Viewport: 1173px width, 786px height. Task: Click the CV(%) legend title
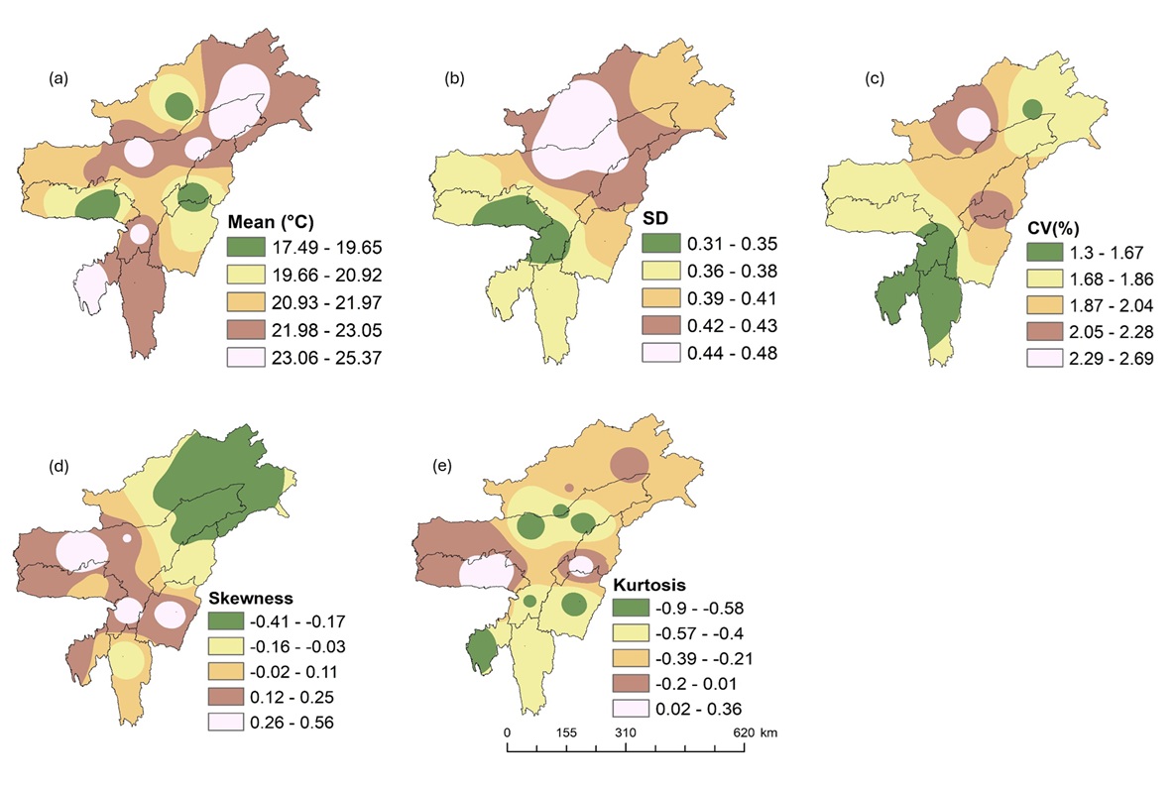point(1049,225)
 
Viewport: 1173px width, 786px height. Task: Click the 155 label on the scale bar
point(565,731)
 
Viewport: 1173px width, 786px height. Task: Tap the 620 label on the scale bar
point(742,731)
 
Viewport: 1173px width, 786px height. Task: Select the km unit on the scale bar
point(769,731)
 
